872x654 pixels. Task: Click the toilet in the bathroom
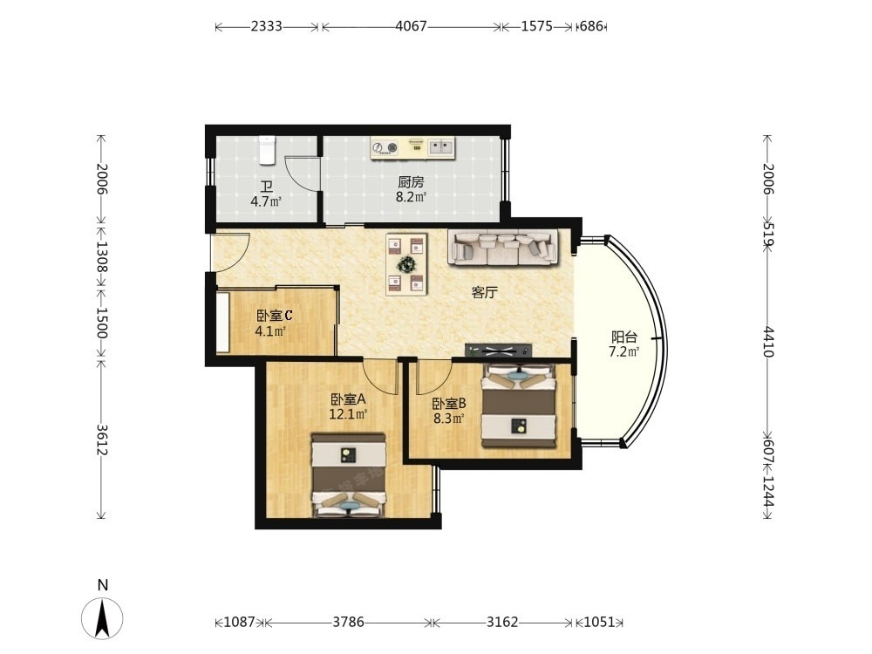coord(267,150)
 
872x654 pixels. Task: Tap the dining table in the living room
coord(406,264)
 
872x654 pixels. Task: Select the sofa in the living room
coord(504,247)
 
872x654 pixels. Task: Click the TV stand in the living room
coord(499,350)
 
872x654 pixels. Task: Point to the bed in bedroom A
coord(349,475)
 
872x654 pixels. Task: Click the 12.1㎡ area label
coord(348,413)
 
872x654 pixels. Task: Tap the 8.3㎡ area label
coord(449,419)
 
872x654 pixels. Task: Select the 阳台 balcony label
coord(624,337)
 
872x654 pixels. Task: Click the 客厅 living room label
coord(484,292)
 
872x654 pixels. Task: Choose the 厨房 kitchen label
coord(411,182)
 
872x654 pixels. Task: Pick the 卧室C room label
coord(274,316)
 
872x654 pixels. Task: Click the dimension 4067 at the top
coord(411,26)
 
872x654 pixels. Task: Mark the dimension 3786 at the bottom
coord(348,622)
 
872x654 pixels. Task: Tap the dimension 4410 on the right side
coord(768,342)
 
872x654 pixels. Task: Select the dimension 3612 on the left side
coord(101,439)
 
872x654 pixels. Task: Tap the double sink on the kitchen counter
coord(441,146)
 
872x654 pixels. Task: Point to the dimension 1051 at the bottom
coord(600,622)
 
